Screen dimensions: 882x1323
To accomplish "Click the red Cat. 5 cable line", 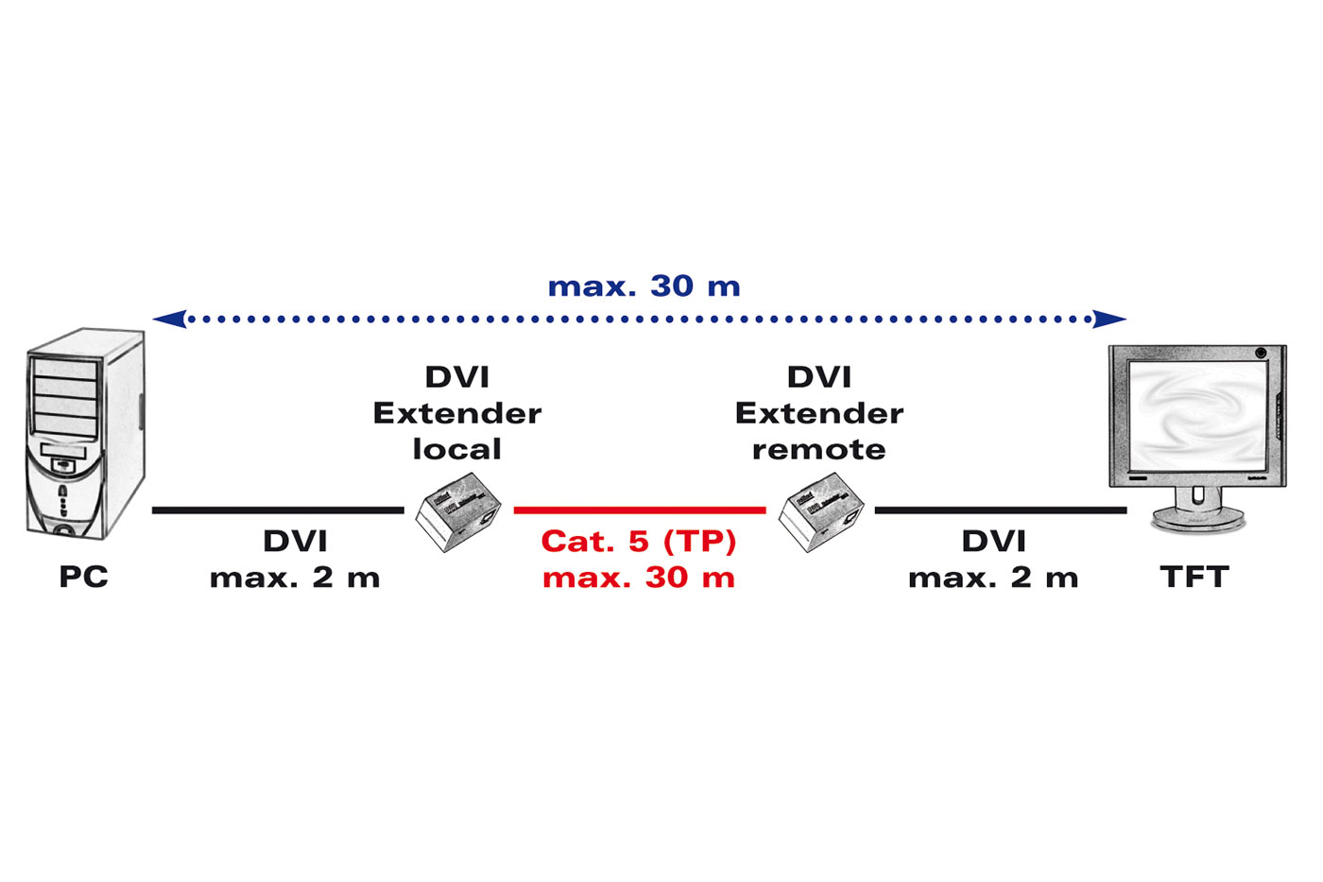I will tap(639, 510).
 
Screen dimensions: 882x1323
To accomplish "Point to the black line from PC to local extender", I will tap(278, 510).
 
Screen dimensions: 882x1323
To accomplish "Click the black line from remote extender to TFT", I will tap(1000, 510).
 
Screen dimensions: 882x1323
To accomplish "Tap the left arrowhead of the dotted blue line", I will tap(168, 319).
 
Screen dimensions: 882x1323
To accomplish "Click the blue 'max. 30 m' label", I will tap(644, 285).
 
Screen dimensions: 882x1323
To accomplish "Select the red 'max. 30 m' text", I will tap(639, 578).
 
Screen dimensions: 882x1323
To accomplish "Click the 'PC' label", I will tap(83, 577).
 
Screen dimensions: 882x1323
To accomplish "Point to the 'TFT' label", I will tap(1194, 577).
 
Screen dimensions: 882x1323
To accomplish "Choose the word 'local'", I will tap(457, 449).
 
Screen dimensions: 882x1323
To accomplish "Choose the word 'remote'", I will tap(819, 449).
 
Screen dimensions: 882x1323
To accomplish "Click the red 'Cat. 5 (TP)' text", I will tap(639, 542).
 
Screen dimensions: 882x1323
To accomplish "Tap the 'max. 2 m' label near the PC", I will tap(295, 578).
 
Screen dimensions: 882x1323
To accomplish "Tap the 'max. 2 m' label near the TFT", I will tap(993, 578).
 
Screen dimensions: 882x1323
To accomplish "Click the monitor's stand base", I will tap(1198, 519).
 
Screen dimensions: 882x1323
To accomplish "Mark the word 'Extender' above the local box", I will tap(457, 413).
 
